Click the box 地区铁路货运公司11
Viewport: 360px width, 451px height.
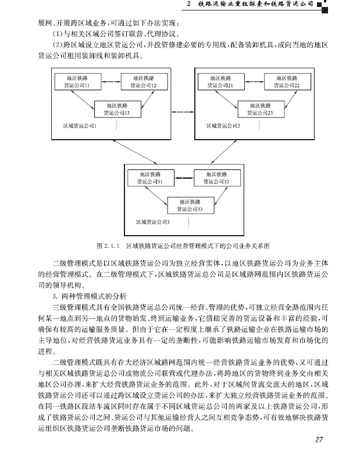point(77,81)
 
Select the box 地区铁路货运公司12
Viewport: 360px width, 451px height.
point(144,81)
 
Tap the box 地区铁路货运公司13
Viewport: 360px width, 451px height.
point(117,109)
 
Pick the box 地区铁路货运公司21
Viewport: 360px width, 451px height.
point(221,81)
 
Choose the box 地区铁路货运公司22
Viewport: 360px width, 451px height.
point(287,81)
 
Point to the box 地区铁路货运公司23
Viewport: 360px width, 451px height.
point(261,109)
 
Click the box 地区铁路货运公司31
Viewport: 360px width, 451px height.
point(151,177)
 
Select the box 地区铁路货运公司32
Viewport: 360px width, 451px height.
point(217,177)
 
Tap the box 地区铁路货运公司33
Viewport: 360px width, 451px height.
point(191,205)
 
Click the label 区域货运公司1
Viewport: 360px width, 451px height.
point(80,126)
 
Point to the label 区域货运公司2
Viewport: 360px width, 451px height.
point(223,126)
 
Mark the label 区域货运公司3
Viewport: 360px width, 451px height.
point(153,222)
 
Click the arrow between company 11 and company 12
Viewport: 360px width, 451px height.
point(111,81)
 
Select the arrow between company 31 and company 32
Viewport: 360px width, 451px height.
point(184,177)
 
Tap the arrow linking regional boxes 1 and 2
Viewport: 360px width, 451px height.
point(183,112)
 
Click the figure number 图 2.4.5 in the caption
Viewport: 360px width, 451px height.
point(108,246)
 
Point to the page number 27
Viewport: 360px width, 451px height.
point(319,439)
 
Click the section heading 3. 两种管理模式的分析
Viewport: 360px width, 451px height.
point(90,296)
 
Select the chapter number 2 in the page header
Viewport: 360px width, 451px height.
point(188,3)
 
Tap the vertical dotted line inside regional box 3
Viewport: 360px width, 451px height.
point(188,223)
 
